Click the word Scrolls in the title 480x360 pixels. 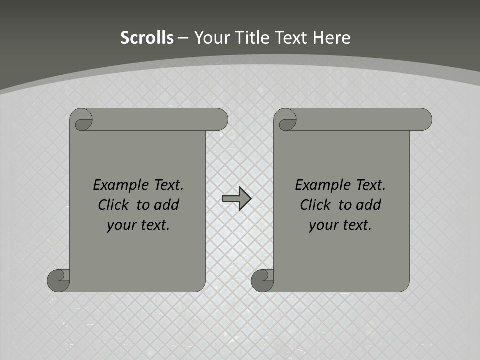click(147, 38)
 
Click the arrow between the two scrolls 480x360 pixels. click(236, 199)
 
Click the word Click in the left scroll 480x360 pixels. click(114, 205)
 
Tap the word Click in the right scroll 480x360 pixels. click(315, 205)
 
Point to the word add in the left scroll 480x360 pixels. click(166, 205)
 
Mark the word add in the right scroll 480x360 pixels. click(368, 205)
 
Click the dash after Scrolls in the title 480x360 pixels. click(183, 38)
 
